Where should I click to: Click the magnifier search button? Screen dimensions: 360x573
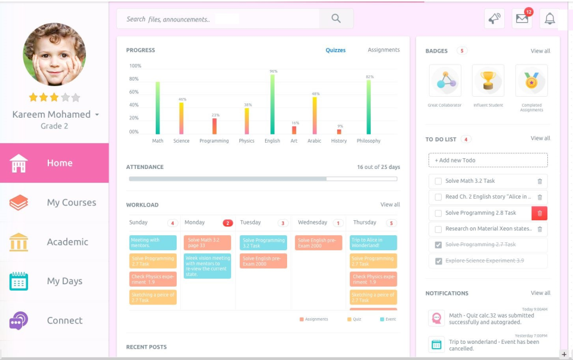coord(336,19)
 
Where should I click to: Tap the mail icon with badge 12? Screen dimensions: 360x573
coord(522,19)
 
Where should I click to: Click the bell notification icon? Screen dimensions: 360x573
coord(550,19)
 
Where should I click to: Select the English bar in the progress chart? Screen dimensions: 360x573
coord(272,104)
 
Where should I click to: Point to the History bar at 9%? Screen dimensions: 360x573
coord(339,131)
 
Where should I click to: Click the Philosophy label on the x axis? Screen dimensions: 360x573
coord(368,141)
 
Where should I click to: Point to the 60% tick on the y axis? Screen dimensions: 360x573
coord(134,92)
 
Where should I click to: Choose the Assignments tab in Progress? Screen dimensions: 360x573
coord(383,50)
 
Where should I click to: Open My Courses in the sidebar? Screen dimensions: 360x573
coord(71,202)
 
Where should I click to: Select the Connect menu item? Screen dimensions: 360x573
coord(64,321)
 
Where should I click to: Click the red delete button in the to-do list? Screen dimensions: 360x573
coord(539,213)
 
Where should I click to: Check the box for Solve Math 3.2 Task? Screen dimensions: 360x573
coord(438,181)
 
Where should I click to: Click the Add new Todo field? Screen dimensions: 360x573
coord(488,160)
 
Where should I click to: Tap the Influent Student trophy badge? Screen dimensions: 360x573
coord(488,81)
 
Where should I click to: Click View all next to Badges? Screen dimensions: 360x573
coord(540,51)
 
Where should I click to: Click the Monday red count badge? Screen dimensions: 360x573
coord(227,223)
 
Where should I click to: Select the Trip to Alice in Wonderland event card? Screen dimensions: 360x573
coord(373,242)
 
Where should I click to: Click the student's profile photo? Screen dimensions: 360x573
coord(54,54)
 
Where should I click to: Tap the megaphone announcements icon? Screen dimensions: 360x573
coord(494,19)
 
